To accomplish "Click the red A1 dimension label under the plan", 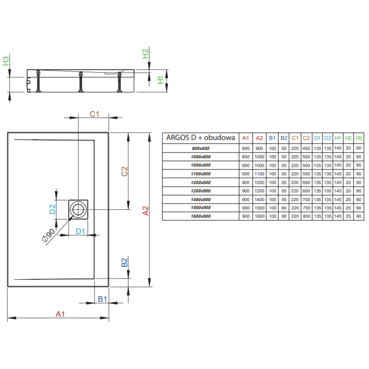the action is pyautogui.click(x=60, y=314).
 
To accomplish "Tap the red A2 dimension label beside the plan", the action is pyautogui.click(x=146, y=211).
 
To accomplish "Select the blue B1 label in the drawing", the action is pyautogui.click(x=102, y=299).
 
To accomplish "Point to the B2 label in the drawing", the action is pyautogui.click(x=124, y=262).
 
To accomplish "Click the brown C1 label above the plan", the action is pyautogui.click(x=94, y=114).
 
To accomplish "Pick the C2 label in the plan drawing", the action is pyautogui.click(x=124, y=171).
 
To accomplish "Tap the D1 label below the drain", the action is pyautogui.click(x=80, y=231).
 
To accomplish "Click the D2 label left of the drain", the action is pyautogui.click(x=52, y=209).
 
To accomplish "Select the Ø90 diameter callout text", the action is pyautogui.click(x=48, y=235).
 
